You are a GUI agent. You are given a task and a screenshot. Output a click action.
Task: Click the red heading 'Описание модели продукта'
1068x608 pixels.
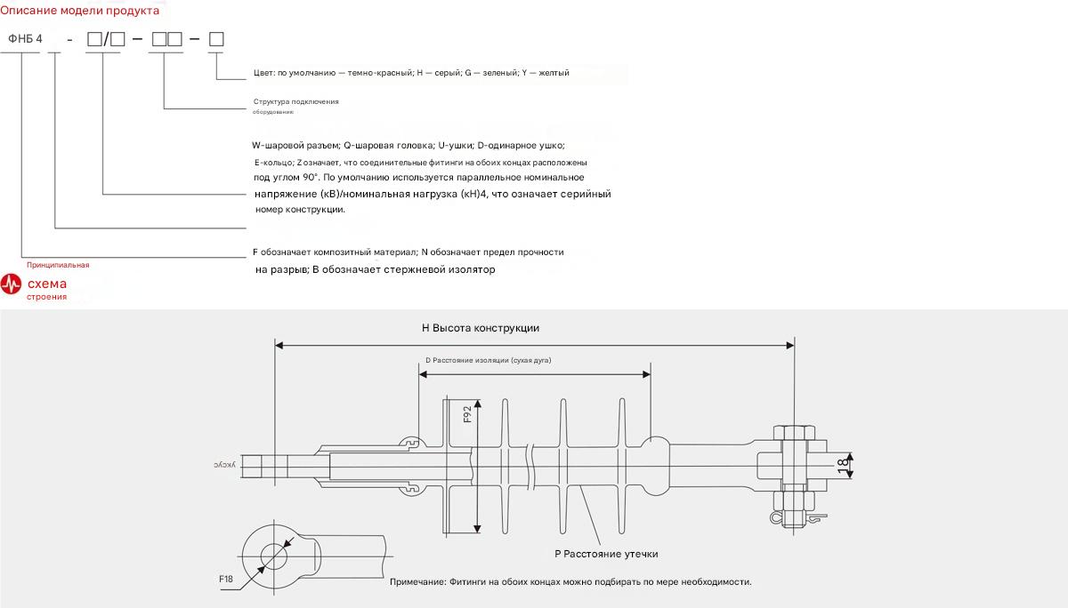80,11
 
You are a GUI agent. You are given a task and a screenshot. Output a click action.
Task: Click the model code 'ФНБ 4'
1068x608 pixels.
25,39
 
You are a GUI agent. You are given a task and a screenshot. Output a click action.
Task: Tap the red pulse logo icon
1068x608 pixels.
12,284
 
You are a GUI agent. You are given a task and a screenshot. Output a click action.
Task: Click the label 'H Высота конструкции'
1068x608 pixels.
481,328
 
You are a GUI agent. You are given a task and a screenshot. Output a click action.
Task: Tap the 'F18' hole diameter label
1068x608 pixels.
226,580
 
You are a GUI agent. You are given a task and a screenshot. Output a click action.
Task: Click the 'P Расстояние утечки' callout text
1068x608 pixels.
606,554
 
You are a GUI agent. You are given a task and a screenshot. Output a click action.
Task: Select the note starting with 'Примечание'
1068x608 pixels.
570,582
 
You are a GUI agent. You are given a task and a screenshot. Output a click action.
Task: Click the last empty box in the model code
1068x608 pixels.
215,40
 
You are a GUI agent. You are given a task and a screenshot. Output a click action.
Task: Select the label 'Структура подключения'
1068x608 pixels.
296,102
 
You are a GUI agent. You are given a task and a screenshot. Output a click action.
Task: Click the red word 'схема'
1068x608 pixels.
46,284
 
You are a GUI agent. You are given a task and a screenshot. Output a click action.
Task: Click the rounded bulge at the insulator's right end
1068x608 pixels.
657,465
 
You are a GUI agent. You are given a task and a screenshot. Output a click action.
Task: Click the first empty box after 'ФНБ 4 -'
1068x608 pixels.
94,40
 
